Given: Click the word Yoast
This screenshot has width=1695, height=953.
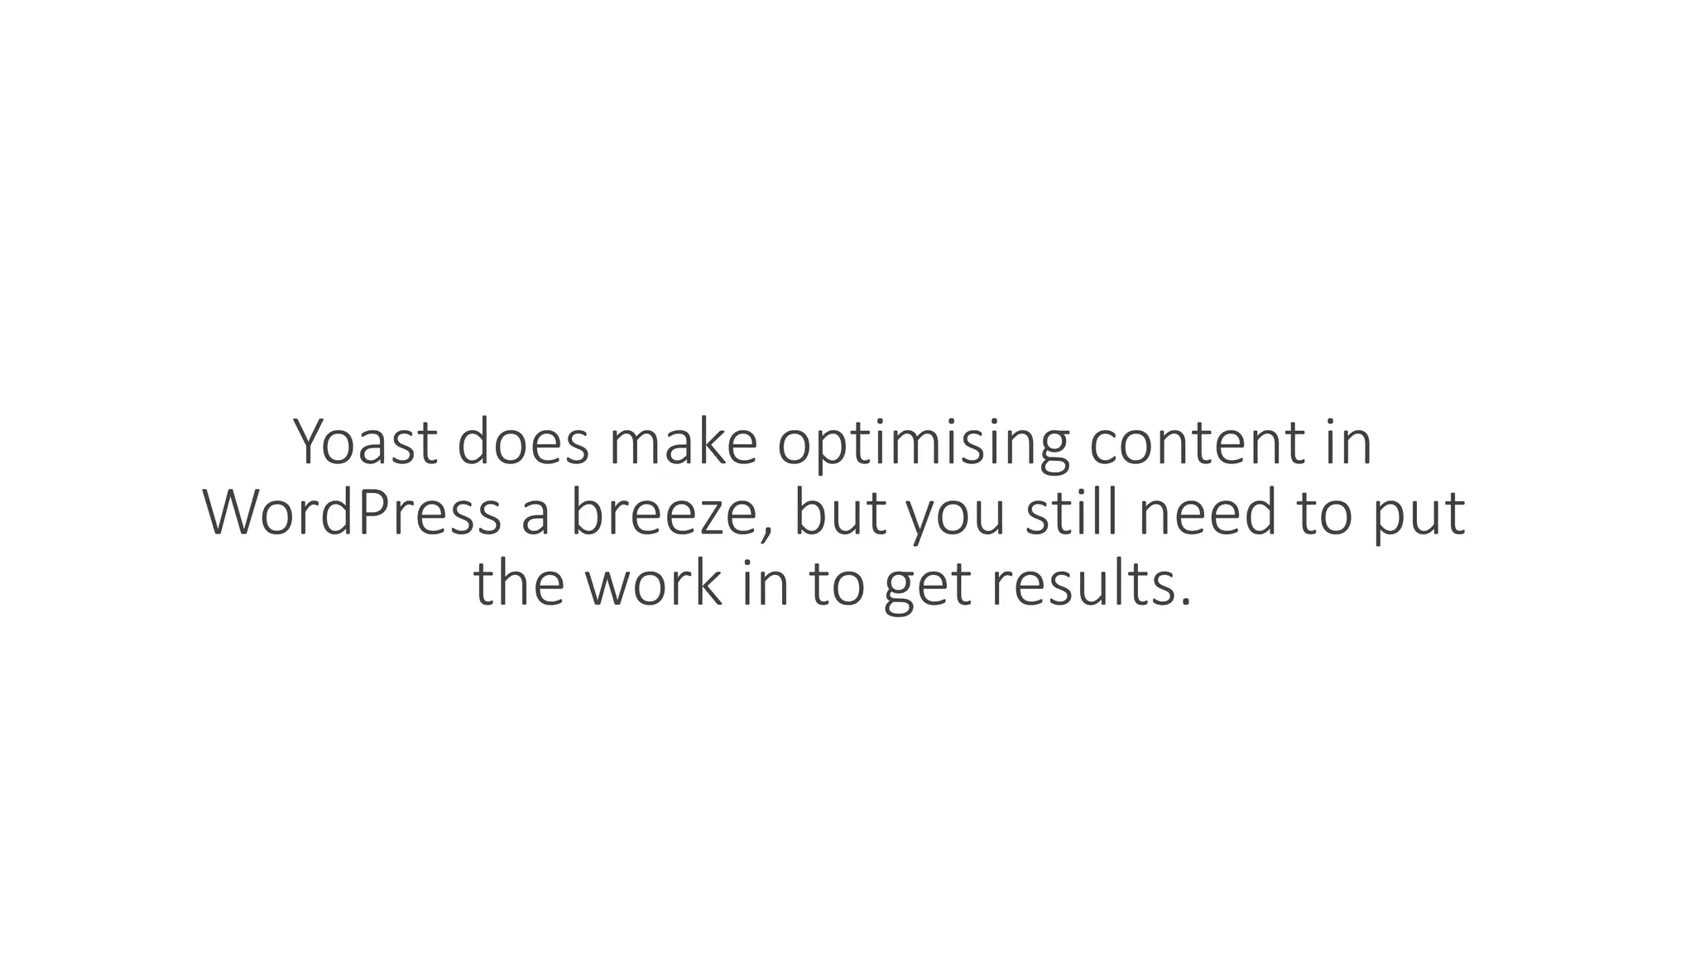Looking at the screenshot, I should tap(365, 443).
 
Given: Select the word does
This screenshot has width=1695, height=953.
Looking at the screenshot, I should tap(523, 443).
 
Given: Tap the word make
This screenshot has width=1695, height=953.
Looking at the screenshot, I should tap(683, 443).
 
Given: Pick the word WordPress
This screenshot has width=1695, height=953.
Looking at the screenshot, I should tap(352, 514).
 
